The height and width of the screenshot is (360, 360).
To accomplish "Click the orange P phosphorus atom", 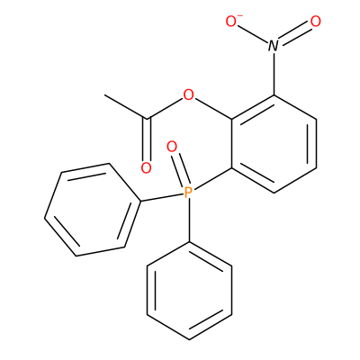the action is click(x=188, y=193).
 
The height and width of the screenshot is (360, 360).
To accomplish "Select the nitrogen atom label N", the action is click(x=273, y=46).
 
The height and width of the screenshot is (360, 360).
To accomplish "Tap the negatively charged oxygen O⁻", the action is click(x=232, y=21).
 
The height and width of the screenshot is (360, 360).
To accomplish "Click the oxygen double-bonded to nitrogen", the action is click(x=315, y=22).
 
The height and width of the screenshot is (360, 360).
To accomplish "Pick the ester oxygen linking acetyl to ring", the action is click(x=188, y=94).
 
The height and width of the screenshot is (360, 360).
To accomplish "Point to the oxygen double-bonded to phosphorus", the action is click(x=172, y=147).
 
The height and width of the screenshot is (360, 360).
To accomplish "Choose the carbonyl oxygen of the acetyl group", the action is click(x=146, y=168).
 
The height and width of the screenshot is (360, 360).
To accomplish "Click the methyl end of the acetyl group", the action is click(x=105, y=95).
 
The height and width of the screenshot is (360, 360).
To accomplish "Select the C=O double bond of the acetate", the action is click(x=146, y=139).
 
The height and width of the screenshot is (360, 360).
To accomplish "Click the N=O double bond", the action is click(x=294, y=33).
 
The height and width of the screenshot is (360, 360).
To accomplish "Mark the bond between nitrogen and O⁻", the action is click(x=253, y=34).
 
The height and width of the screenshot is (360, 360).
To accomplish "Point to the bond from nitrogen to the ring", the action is click(x=274, y=74).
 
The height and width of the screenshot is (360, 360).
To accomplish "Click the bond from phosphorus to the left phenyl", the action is click(x=162, y=197).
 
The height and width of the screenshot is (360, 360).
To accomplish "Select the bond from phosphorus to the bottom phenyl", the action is click(x=189, y=220).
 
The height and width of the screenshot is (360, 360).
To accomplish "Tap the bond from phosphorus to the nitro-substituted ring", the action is click(x=212, y=179).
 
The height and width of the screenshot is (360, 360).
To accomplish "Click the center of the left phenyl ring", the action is click(x=93, y=210).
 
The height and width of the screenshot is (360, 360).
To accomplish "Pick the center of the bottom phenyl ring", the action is click(x=189, y=291).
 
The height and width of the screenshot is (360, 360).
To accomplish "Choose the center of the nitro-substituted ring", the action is click(x=274, y=144).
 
